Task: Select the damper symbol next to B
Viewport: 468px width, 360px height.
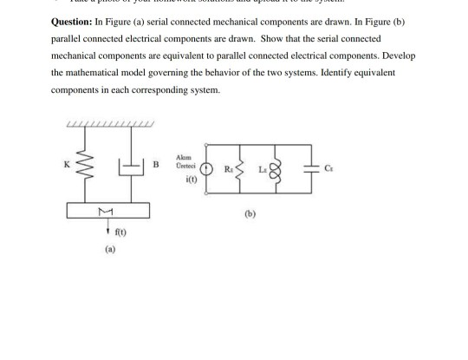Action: [132, 166]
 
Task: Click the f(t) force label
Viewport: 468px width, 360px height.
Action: [114, 233]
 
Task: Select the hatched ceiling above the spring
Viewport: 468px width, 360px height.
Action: [109, 127]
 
